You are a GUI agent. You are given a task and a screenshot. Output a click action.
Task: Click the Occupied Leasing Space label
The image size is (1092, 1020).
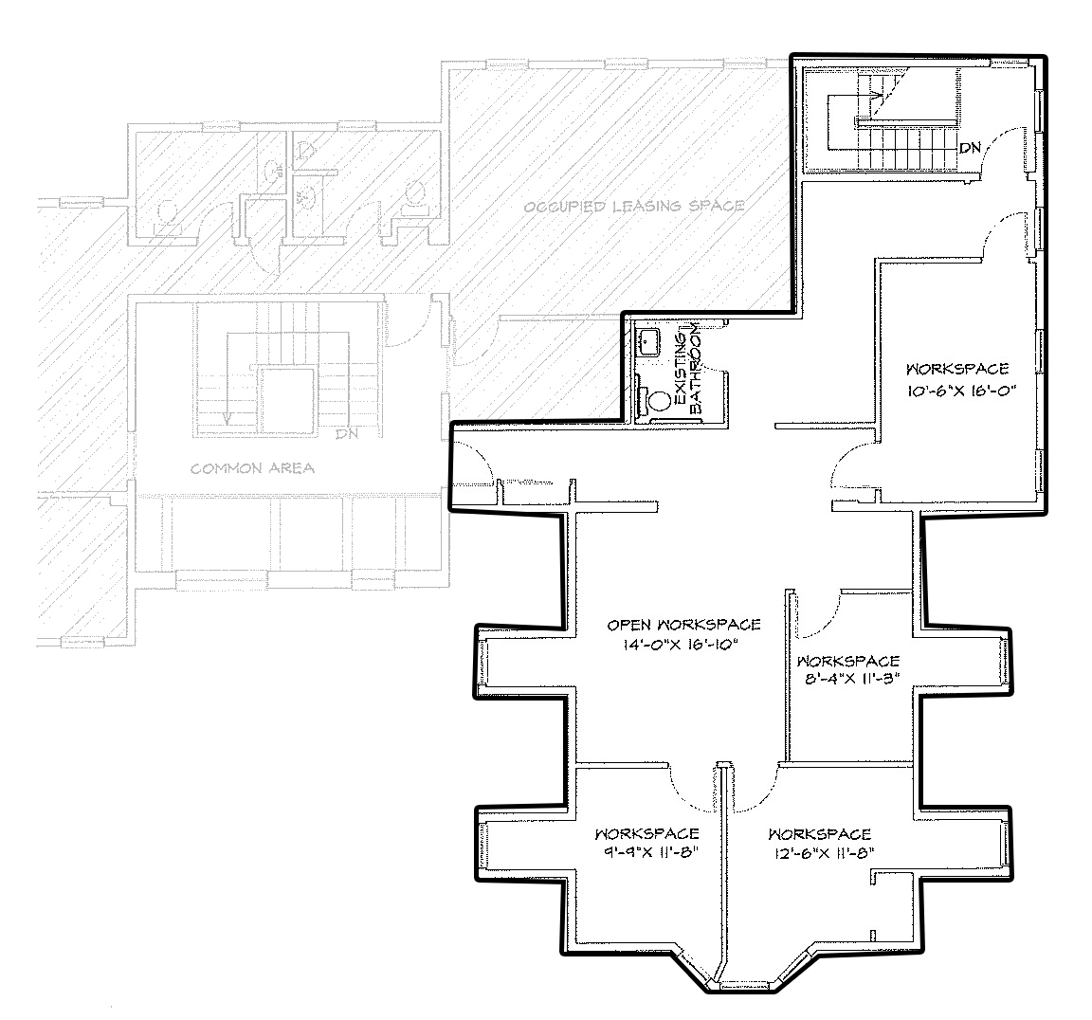[x=634, y=206]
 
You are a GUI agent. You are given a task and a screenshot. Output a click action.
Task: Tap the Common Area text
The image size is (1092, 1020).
[x=253, y=468]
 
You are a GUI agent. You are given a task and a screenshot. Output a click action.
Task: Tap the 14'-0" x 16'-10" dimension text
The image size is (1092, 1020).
[x=680, y=646]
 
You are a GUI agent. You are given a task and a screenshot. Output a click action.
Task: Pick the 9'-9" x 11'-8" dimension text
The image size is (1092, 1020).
[x=647, y=852]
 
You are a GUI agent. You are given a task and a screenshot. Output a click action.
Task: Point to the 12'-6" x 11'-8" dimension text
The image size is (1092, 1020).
[x=820, y=852]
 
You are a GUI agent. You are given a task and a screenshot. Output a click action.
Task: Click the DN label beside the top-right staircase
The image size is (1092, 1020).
[x=970, y=148]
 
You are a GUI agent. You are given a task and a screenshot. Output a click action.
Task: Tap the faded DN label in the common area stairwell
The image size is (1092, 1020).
[x=346, y=434]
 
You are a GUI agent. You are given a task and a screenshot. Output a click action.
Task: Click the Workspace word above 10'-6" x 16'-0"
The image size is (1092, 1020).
[x=957, y=369]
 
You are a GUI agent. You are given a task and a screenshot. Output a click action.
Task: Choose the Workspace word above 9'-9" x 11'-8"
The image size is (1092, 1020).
[x=647, y=833]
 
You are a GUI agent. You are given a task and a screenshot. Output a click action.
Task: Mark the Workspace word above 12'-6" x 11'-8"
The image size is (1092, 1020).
[x=820, y=834]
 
